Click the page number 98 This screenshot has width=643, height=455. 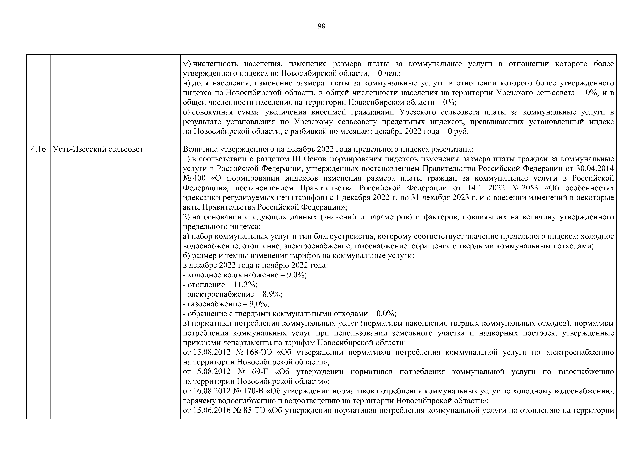click(321, 26)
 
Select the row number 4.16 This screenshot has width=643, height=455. click(38, 149)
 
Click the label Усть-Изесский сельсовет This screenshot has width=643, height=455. click(98, 149)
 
